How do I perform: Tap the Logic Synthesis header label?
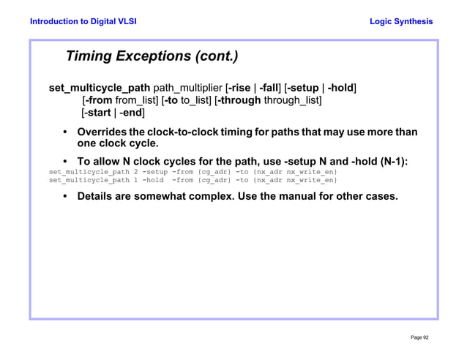pyautogui.click(x=401, y=21)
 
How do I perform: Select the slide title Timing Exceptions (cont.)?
pyautogui.click(x=152, y=56)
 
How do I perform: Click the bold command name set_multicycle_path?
pyautogui.click(x=100, y=89)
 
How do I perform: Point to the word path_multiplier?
pyautogui.click(x=187, y=89)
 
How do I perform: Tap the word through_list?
pyautogui.click(x=292, y=100)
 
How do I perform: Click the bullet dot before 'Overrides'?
pyautogui.click(x=66, y=132)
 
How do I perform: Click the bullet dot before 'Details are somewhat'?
pyautogui.click(x=66, y=197)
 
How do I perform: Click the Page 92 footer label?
pyautogui.click(x=419, y=337)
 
